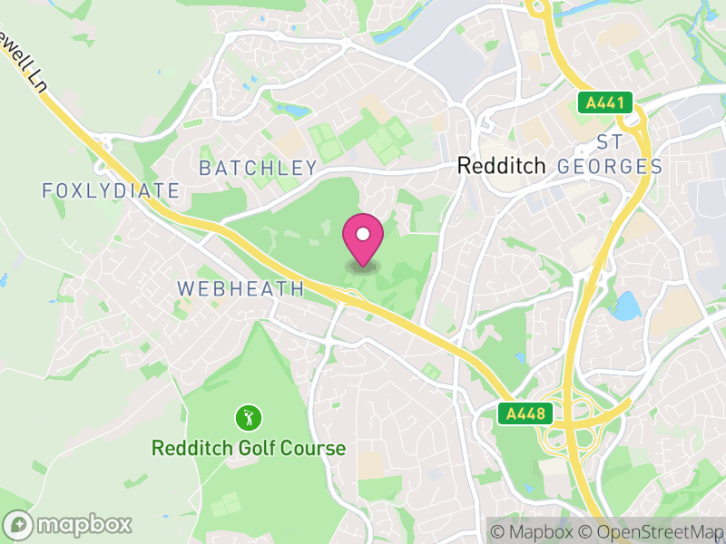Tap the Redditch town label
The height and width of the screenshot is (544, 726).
coord(501,166)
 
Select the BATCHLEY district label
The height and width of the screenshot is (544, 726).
coord(258,168)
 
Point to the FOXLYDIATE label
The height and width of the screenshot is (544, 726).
coord(111,190)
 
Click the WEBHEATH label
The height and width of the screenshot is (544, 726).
coord(240,288)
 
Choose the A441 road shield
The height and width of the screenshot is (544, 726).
coord(604,102)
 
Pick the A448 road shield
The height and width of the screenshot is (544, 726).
coord(525,414)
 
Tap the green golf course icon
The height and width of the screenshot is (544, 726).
coord(249,418)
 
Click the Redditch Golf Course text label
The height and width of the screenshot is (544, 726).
coord(249,448)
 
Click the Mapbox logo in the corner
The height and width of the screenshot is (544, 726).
coord(68,524)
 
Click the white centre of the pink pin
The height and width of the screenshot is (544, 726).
coord(363,234)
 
